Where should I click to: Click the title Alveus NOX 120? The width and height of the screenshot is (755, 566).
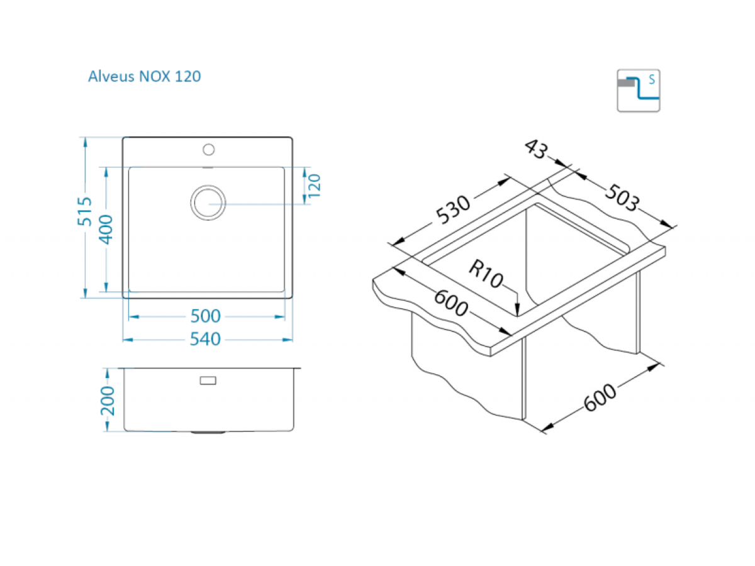click(144, 76)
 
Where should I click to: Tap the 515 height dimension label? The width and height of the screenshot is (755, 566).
click(84, 211)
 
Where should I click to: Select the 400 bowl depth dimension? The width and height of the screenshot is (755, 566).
click(106, 229)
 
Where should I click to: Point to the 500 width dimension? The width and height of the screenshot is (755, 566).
click(205, 316)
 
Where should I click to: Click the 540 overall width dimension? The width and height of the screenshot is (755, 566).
click(205, 339)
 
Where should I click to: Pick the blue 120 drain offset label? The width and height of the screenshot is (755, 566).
click(314, 186)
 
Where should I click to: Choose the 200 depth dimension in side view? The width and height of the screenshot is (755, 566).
click(108, 401)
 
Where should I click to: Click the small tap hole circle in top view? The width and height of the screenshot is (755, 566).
click(208, 150)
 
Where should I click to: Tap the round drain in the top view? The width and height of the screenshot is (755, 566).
click(208, 203)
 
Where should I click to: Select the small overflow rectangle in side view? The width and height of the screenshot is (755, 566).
click(208, 380)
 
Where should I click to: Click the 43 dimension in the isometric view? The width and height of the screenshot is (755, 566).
click(535, 149)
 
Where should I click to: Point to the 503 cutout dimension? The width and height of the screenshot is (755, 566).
click(622, 197)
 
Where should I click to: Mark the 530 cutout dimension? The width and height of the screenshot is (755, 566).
click(452, 209)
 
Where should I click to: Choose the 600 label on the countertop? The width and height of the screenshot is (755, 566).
click(451, 302)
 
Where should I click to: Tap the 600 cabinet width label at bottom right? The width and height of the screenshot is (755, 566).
click(600, 397)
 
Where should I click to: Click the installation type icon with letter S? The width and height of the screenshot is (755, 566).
click(639, 91)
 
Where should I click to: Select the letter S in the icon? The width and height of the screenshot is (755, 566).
click(652, 80)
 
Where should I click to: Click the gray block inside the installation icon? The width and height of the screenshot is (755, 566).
click(626, 83)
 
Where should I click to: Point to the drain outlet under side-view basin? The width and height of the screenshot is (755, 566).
click(208, 432)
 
